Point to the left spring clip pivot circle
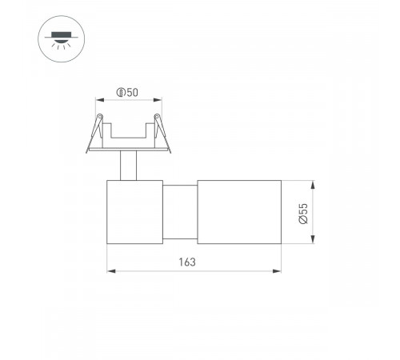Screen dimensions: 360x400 click(98, 121)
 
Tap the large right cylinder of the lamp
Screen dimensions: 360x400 click(237, 213)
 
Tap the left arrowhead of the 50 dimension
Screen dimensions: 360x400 click(98, 100)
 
